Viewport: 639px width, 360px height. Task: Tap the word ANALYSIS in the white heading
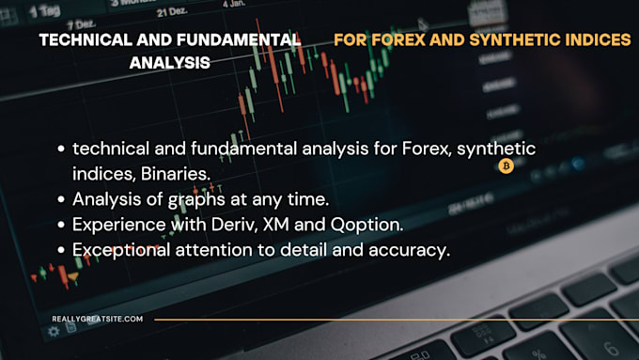click(169, 63)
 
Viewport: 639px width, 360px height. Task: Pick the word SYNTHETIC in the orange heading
click(507, 40)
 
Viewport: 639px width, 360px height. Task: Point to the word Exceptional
click(117, 249)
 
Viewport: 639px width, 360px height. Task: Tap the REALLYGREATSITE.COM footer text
click(98, 320)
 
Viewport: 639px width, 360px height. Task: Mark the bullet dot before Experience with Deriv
click(61, 225)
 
